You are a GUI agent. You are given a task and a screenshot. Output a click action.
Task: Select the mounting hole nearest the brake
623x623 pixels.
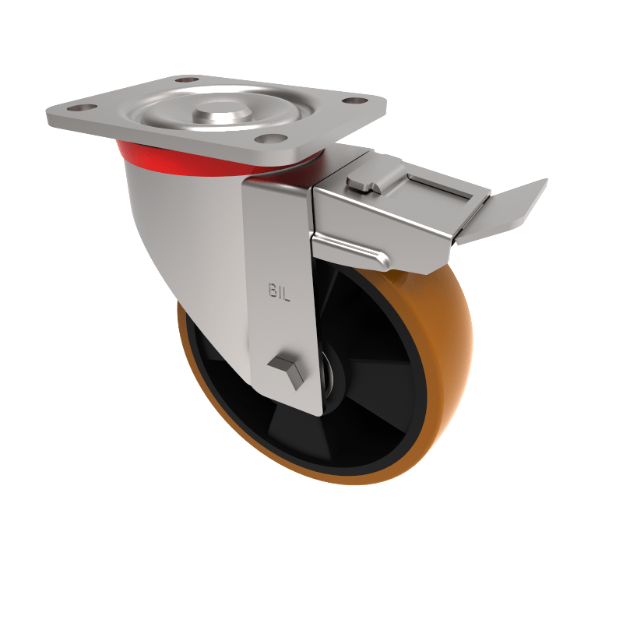tap(357, 100)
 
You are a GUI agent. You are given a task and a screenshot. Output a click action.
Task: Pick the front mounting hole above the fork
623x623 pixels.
tap(269, 139)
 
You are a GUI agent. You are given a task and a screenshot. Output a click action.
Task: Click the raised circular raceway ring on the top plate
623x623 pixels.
tap(167, 117)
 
